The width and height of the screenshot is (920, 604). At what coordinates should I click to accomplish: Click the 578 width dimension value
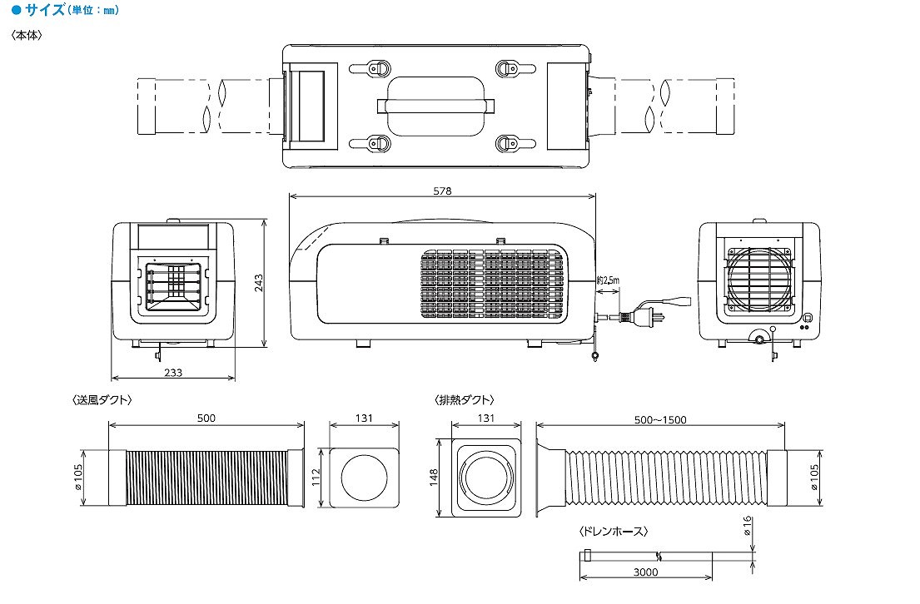pos(442,191)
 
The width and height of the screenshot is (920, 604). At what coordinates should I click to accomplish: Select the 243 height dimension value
pos(259,283)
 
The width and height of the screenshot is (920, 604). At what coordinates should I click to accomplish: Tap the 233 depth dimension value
pos(173,373)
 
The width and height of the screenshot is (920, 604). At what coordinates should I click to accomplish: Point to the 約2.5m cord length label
pos(608,280)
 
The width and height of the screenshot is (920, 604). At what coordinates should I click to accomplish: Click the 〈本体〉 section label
pos(27,35)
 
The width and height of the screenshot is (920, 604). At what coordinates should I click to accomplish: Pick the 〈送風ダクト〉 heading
pos(102,400)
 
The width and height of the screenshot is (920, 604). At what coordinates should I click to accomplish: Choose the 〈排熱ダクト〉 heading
pos(464,400)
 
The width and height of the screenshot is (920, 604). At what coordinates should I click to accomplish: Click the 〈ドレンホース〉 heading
pos(613,532)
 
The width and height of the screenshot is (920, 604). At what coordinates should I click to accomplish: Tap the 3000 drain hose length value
pos(645,572)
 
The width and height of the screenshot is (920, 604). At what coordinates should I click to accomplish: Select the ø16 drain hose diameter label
pos(747,526)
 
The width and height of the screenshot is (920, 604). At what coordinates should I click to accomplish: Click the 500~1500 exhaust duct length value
pos(660,420)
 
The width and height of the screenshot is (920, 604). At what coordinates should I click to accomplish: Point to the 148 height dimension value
pos(434,478)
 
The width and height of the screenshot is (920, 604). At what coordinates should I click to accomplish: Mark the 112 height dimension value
pos(316,478)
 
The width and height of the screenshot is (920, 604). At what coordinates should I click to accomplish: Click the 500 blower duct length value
pos(206,418)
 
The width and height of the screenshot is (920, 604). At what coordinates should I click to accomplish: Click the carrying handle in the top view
pos(436,106)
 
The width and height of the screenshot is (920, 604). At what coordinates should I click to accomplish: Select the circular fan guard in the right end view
pos(759,280)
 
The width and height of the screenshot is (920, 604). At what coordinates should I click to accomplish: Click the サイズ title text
pos(45,9)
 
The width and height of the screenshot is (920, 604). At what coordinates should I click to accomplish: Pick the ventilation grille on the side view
pos(492,285)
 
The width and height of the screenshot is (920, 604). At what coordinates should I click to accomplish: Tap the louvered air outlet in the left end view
pos(173,287)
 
